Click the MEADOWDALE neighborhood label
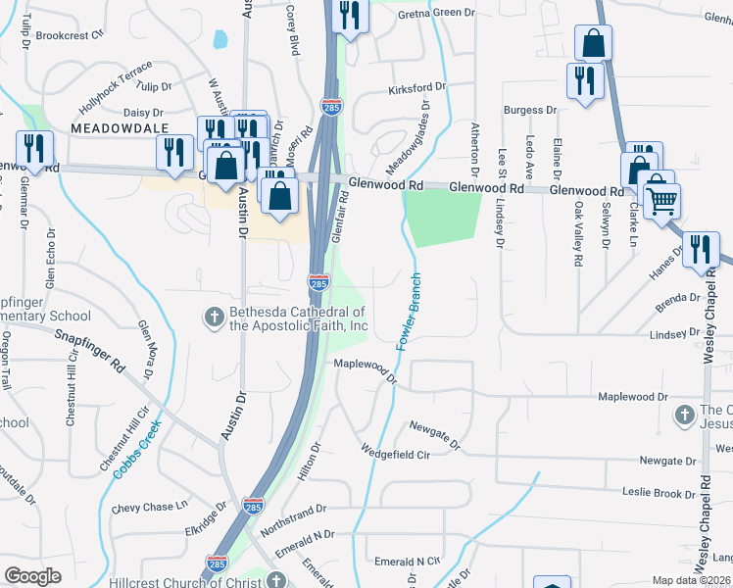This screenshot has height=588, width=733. pos(119,128)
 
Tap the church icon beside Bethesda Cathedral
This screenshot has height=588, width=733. pos(213,316)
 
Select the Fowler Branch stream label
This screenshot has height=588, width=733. pos(409,312)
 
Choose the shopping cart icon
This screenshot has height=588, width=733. pos(662,201)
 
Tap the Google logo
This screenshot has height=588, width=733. pos(32,576)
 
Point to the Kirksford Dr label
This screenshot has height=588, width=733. pos(416,87)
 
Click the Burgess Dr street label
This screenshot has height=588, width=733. pos(530,110)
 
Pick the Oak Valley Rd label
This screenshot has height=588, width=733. pos(578,236)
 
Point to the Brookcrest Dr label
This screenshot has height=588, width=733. pos(69,35)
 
